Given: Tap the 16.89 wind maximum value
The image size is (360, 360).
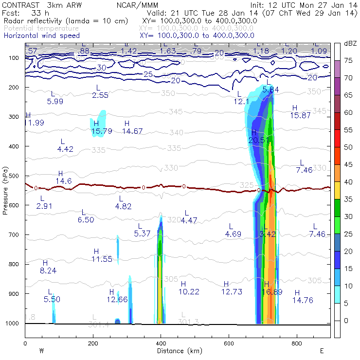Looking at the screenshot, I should pyautogui.click(x=266, y=292).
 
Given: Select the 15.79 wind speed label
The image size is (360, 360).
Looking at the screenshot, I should pyautogui.click(x=102, y=131).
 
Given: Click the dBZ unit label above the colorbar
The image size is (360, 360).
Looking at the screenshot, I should pyautogui.click(x=350, y=43).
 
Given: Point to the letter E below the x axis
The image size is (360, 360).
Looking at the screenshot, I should pyautogui.click(x=323, y=351).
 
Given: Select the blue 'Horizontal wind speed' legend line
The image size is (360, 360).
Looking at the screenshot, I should pyautogui.click(x=42, y=36).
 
